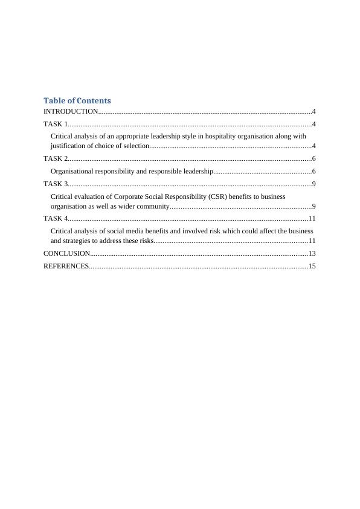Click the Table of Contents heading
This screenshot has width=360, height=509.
[77, 100]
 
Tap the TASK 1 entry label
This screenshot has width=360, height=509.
[56, 124]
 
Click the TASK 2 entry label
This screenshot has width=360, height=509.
[56, 158]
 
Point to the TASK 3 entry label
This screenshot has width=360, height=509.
[56, 184]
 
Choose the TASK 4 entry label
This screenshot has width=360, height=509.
[56, 218]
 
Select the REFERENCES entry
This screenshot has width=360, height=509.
[66, 266]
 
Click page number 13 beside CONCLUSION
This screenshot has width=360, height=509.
[312, 253]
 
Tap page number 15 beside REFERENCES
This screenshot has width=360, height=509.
[312, 266]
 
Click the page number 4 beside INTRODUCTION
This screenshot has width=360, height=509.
[314, 112]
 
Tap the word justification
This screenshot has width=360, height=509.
[69, 146]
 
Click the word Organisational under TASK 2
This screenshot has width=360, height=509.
[76, 171]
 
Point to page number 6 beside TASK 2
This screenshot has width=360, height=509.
[314, 158]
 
